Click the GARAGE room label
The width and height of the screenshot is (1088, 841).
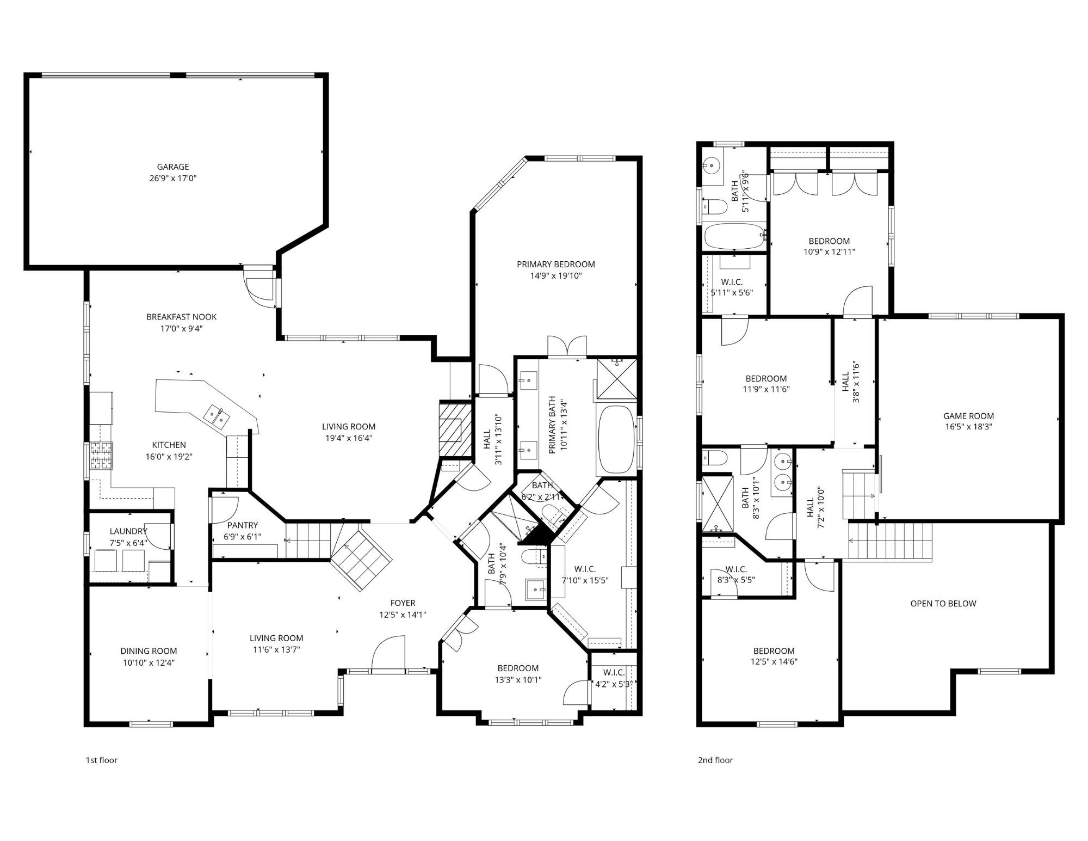coord(173,167)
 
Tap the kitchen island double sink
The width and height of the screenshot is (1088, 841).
coord(217,416)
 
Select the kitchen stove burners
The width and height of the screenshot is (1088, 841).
coord(101,456)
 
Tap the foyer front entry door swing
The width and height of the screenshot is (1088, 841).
coord(389,653)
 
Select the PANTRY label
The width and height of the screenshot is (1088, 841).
coord(243,525)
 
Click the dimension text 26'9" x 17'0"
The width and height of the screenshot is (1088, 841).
coord(173,178)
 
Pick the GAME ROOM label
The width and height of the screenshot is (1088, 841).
coord(968,416)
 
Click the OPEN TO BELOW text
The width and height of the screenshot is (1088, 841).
coord(943,603)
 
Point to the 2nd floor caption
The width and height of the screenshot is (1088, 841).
coord(715,760)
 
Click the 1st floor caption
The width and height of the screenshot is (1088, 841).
coord(101,760)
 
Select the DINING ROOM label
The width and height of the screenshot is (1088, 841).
coord(149,651)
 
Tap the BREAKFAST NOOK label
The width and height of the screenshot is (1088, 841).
coord(181,317)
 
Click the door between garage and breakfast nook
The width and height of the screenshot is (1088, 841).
coord(260,288)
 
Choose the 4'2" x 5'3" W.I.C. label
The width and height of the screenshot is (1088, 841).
coord(614,673)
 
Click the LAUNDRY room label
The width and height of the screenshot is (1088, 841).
coord(128,531)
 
